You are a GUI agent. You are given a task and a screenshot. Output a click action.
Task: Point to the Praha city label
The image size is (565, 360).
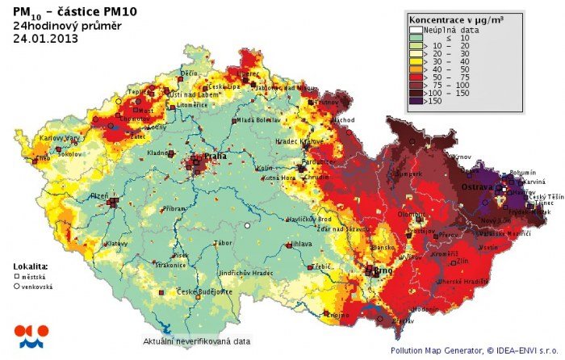pos(214,156)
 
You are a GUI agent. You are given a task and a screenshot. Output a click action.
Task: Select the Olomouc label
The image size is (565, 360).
pos(411,215)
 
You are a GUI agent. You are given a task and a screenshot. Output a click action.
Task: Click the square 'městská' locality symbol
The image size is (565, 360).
pos(17,276)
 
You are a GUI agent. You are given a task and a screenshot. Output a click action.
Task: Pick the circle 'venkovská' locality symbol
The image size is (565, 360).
pos(17,286)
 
